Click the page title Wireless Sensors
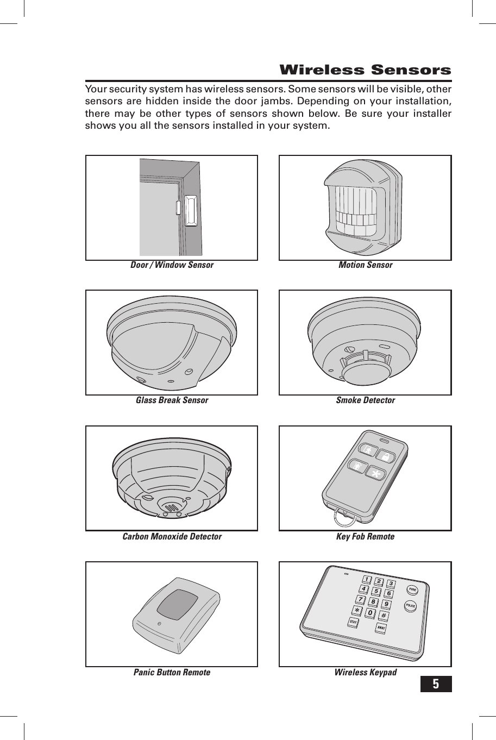pyautogui.click(x=365, y=70)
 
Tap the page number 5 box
pyautogui.click(x=436, y=684)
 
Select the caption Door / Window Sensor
pyautogui.click(x=172, y=265)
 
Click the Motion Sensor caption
pyautogui.click(x=365, y=265)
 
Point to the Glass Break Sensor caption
pyautogui.click(x=172, y=400)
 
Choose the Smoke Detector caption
pyautogui.click(x=365, y=400)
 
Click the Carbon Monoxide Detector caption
pyautogui.click(x=172, y=537)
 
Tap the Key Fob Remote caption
pyautogui.click(x=365, y=537)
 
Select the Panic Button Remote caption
pyautogui.click(x=172, y=673)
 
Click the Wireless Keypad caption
pyautogui.click(x=365, y=673)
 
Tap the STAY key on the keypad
pyautogui.click(x=353, y=622)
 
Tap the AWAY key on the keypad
pyautogui.click(x=381, y=628)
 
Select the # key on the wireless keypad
pyautogui.click(x=383, y=616)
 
